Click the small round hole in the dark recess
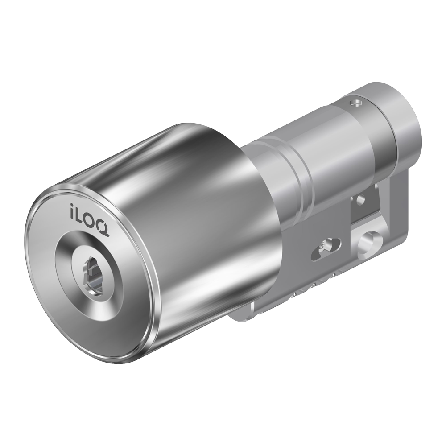click(x=361, y=200)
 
